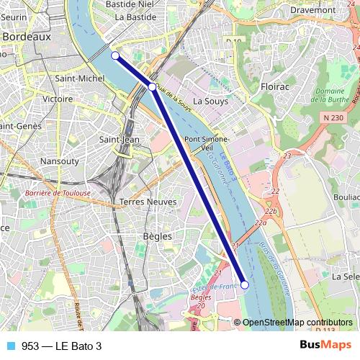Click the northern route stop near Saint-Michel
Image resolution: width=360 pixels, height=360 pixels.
point(114,55)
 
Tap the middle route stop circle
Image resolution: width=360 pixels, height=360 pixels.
point(152,87)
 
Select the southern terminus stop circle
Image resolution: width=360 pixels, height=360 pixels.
point(244,285)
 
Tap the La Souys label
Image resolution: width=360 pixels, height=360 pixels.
point(210,102)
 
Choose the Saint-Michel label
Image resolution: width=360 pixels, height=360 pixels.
point(79,77)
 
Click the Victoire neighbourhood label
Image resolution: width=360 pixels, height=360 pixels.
point(58,99)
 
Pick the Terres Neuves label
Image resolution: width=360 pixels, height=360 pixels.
point(148,202)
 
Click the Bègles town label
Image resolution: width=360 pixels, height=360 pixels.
point(157,235)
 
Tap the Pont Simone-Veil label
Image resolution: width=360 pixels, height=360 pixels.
point(206,143)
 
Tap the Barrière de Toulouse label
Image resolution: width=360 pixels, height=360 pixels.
point(58,193)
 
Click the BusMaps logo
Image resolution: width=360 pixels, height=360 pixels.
point(325,345)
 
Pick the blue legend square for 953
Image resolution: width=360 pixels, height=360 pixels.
point(10,346)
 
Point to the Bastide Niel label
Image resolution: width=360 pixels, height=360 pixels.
point(130,4)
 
